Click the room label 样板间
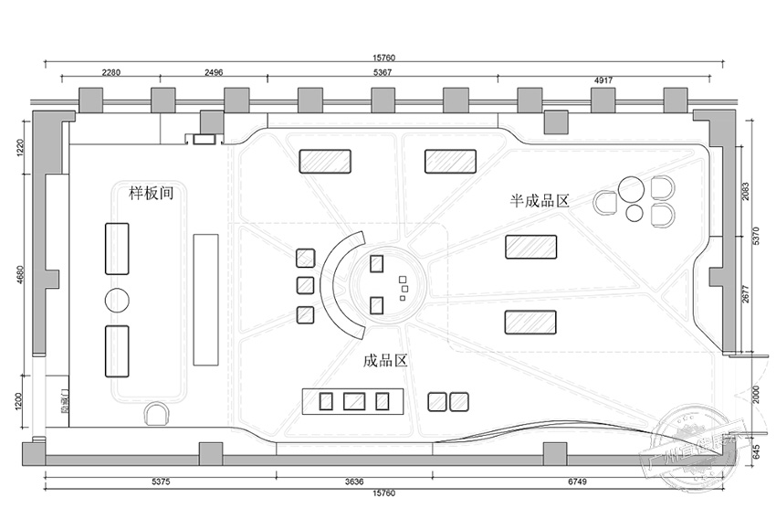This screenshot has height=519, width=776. click(x=151, y=193)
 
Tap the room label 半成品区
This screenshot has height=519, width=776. click(x=540, y=200)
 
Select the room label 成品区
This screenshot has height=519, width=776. click(x=384, y=361)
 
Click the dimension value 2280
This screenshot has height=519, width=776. click(x=111, y=71)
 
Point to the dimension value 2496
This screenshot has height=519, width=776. click(x=213, y=71)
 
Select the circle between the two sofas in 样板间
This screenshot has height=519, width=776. click(x=119, y=300)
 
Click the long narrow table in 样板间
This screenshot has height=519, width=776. click(x=205, y=299)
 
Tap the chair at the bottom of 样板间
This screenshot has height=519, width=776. click(x=158, y=415)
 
